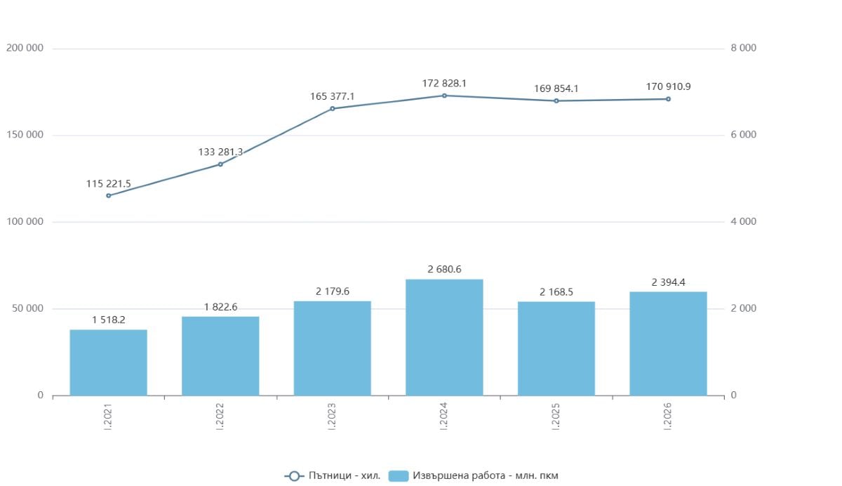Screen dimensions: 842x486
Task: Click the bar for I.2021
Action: point(108,362)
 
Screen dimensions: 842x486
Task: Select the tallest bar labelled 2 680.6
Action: point(444,337)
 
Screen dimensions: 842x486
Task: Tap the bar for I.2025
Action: point(556,348)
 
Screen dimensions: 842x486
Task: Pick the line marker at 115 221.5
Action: point(109,196)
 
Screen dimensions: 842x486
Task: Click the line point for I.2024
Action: point(444,96)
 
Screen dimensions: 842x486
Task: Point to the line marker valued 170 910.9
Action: point(668,99)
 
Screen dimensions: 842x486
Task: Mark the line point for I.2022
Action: point(220,164)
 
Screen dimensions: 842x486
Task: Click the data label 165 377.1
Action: point(333,97)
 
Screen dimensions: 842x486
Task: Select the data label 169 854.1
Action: point(556,88)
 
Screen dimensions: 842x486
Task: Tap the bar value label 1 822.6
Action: point(220,308)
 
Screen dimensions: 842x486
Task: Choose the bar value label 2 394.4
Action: point(668,282)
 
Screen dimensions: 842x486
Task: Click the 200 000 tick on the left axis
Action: point(25,48)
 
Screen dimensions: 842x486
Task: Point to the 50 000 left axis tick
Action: point(28,308)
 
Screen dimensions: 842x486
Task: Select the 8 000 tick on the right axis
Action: point(744,48)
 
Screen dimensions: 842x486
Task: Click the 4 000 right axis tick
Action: point(744,221)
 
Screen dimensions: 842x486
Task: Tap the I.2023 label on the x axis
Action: point(332,416)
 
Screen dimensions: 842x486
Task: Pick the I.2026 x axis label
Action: point(668,416)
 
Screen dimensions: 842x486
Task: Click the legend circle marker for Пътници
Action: point(294,476)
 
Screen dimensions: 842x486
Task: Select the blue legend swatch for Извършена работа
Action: point(399,476)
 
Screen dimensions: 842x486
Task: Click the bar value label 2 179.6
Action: point(333,291)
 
